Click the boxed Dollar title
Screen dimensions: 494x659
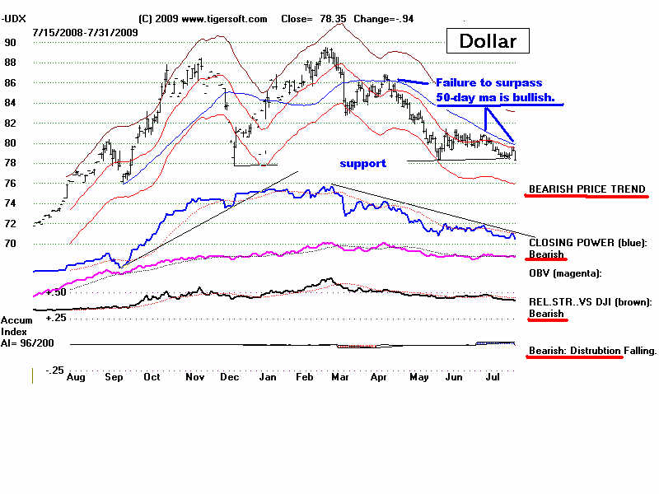(488, 40)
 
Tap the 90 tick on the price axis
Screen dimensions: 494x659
(10, 43)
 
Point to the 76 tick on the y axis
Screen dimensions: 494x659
(10, 184)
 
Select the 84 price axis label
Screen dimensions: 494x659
(10, 103)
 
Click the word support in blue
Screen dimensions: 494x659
(362, 163)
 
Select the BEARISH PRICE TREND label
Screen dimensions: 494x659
(587, 189)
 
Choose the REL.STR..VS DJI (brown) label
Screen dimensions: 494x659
(590, 302)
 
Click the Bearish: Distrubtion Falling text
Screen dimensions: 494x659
(592, 351)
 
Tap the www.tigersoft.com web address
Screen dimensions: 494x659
(223, 18)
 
